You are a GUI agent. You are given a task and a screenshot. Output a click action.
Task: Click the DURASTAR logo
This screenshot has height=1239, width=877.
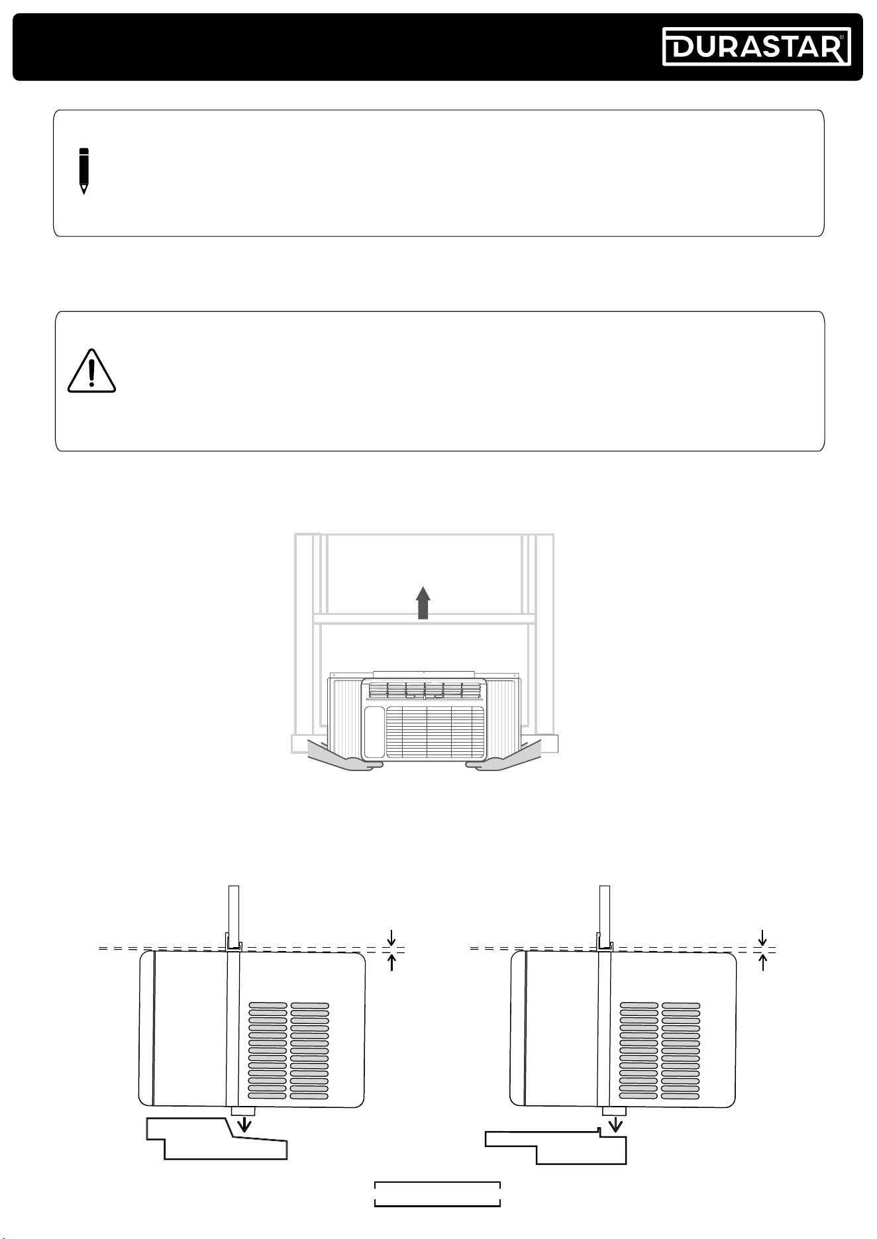756,46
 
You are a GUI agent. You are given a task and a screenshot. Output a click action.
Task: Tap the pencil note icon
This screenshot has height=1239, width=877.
83,171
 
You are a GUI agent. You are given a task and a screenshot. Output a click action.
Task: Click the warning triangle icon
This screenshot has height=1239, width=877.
91,371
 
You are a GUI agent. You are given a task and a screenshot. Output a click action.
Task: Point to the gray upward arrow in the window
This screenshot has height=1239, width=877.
423,602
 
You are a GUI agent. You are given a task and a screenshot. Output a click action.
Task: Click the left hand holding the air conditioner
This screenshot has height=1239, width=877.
345,757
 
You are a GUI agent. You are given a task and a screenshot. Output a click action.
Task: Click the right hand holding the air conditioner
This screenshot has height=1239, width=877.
503,757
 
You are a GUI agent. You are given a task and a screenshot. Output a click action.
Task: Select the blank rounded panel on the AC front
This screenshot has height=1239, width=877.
374,731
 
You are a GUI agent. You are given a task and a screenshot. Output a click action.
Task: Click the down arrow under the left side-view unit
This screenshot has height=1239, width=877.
245,1124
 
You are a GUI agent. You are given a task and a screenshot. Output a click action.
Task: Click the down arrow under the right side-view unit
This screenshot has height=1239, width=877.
617,1124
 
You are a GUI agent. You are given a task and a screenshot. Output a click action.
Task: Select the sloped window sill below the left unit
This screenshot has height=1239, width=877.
217,1139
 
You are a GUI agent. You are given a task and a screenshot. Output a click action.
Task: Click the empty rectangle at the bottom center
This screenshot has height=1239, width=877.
437,1194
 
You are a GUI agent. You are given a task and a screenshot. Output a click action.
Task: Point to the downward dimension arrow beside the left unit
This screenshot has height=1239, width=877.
392,938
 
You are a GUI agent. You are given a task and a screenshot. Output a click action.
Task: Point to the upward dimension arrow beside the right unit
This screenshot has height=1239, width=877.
763,962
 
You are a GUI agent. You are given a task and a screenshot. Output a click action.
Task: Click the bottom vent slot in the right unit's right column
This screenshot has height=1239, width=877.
681,1097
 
